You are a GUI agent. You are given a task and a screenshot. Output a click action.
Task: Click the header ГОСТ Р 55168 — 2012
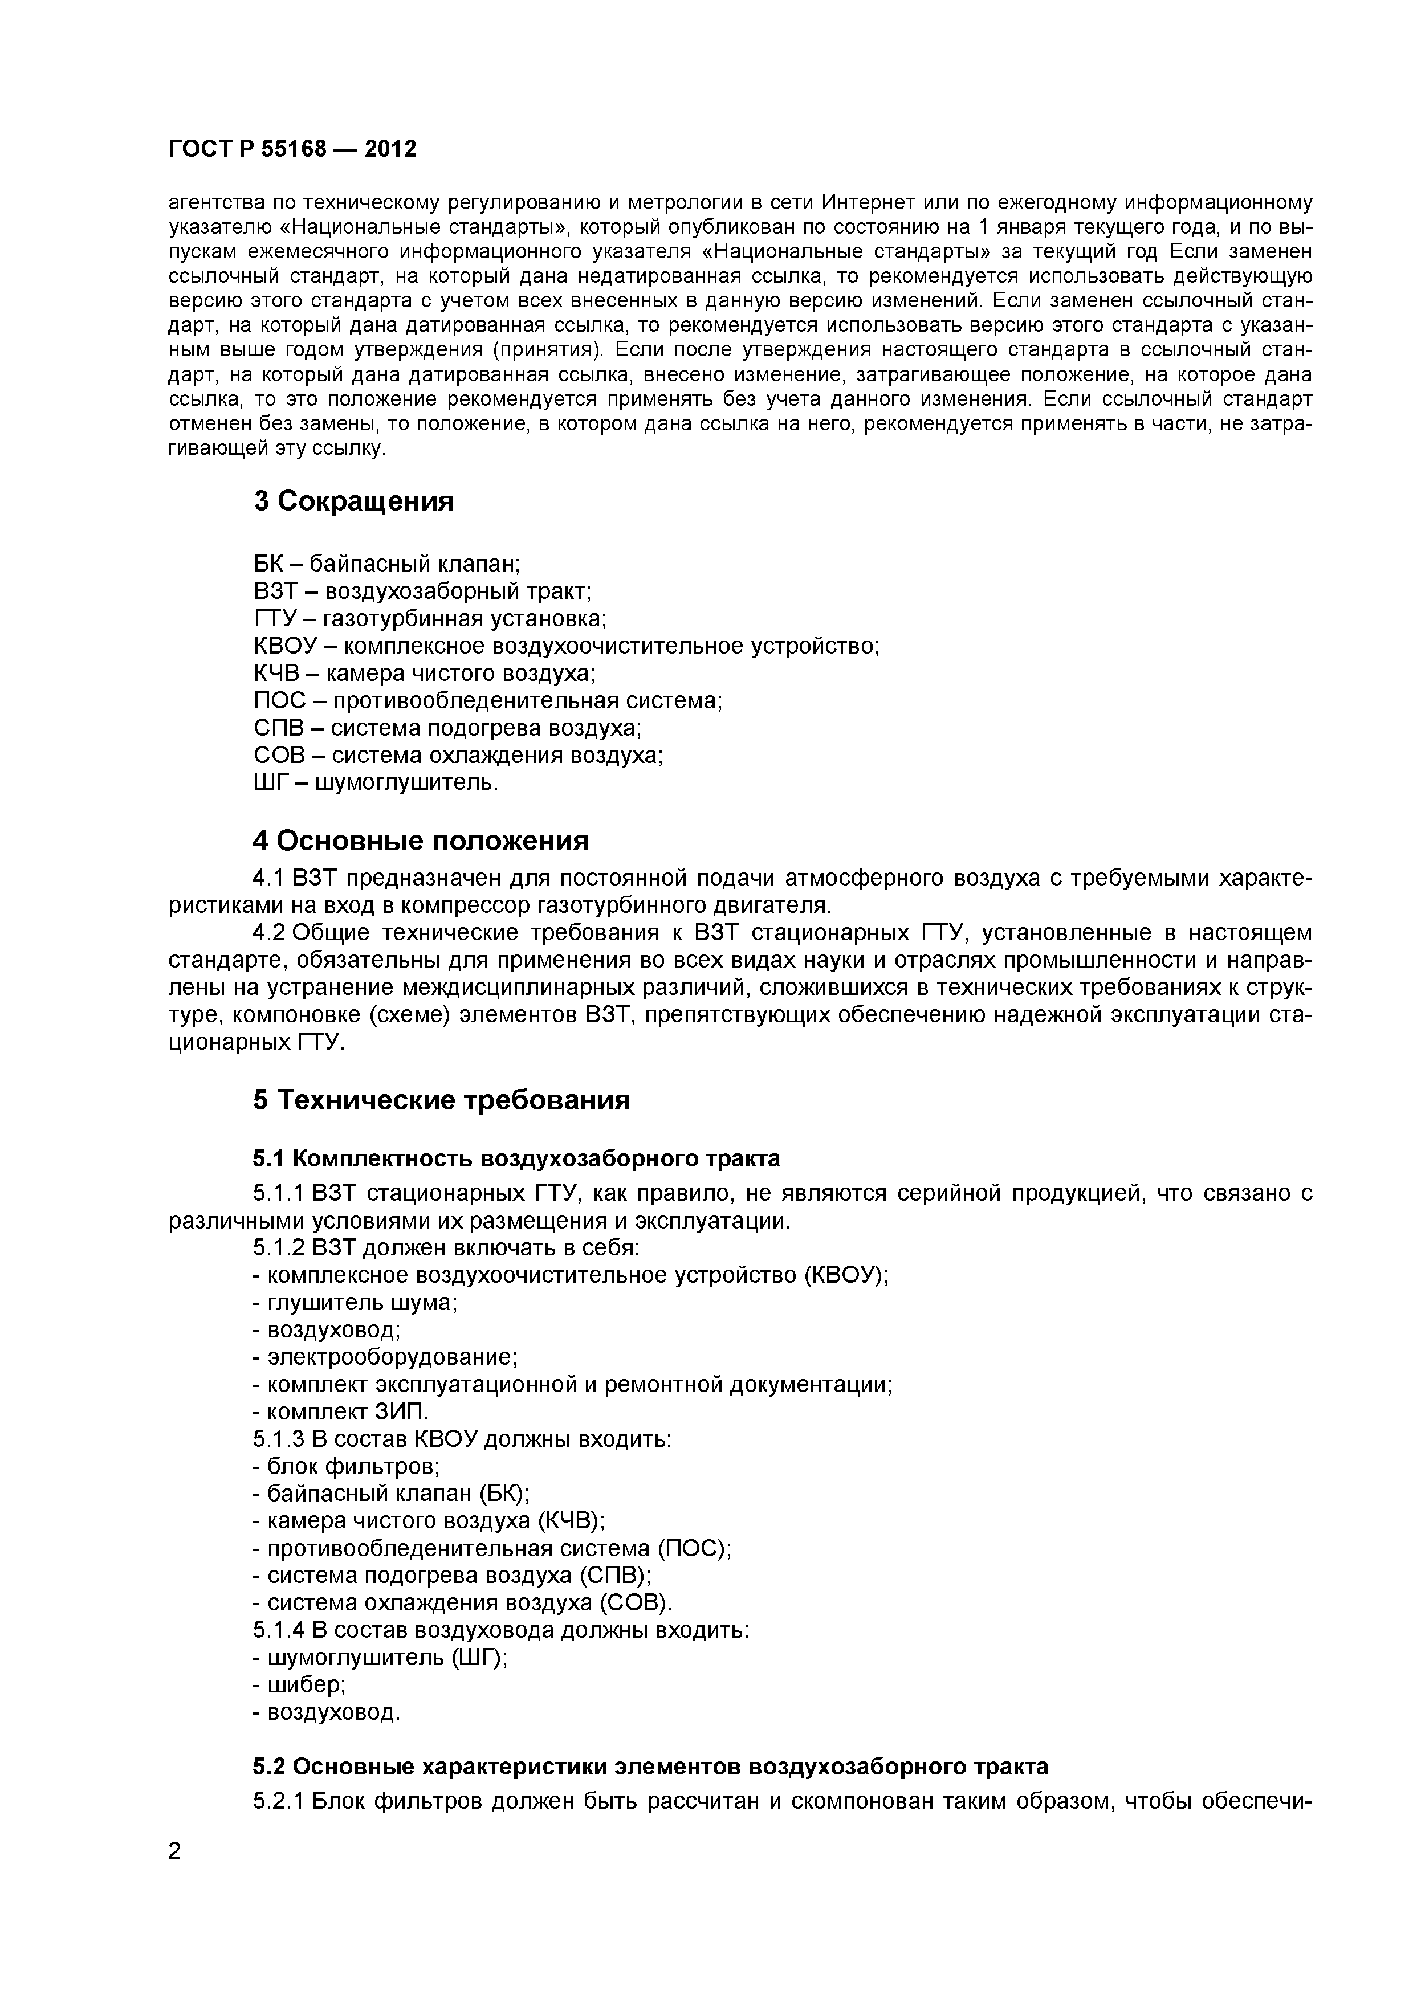point(292,150)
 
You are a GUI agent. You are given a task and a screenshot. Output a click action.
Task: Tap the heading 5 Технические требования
point(441,1100)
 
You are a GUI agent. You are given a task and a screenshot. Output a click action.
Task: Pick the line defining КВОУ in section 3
point(566,646)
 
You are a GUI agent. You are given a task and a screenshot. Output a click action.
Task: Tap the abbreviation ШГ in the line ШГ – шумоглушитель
point(269,783)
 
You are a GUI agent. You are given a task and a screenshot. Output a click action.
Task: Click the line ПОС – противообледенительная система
point(487,701)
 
